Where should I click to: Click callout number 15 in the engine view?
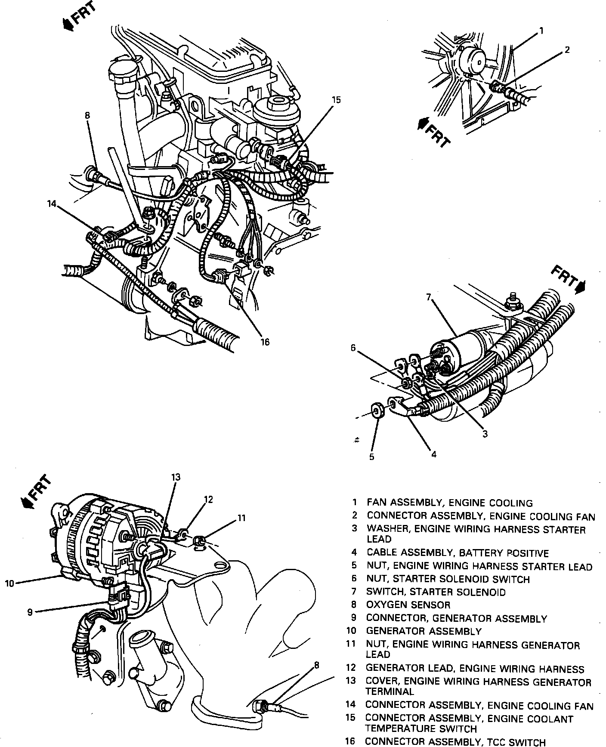click(336, 100)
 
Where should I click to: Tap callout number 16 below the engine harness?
click(265, 342)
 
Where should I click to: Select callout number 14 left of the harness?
click(52, 204)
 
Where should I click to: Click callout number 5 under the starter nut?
click(372, 457)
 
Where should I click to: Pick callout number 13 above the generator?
click(176, 477)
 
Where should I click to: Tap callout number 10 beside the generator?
click(9, 583)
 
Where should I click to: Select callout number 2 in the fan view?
click(567, 50)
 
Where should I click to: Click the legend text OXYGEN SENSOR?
click(408, 605)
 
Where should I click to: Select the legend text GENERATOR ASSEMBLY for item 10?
click(424, 631)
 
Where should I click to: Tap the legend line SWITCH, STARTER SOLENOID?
click(436, 592)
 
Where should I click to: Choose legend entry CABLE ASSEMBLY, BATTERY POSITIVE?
click(458, 553)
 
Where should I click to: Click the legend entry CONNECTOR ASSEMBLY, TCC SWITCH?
click(455, 741)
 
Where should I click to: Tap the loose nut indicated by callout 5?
click(376, 411)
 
